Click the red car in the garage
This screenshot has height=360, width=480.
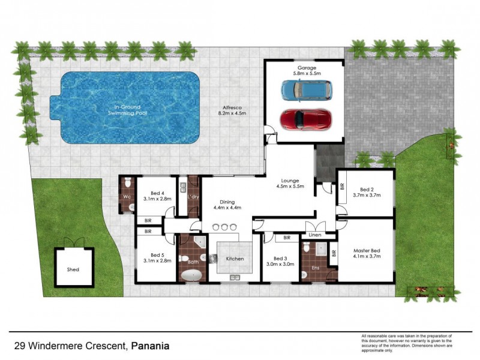pyautogui.click(x=305, y=119)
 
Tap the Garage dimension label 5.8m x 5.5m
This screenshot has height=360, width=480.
pyautogui.click(x=304, y=74)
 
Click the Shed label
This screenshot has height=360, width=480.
pyautogui.click(x=73, y=269)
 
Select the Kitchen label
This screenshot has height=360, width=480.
pyautogui.click(x=234, y=258)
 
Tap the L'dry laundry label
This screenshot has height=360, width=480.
pyautogui.click(x=193, y=197)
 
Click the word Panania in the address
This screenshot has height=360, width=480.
pyautogui.click(x=151, y=346)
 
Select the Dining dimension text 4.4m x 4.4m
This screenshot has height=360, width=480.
pyautogui.click(x=227, y=208)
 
